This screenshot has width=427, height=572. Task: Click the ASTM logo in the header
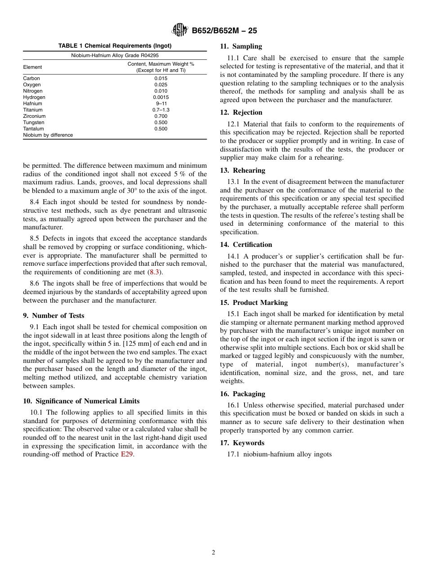[180, 31]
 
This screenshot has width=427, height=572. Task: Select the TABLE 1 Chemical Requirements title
[115, 46]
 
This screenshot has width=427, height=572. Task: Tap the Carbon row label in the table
[31, 78]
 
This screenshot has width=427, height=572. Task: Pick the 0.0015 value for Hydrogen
[160, 97]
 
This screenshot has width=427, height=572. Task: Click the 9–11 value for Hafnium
[160, 103]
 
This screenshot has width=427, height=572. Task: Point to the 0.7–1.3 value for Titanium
[160, 110]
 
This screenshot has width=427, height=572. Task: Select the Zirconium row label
[34, 116]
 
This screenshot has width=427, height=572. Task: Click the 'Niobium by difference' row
[48, 135]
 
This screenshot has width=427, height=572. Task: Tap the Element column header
[32, 67]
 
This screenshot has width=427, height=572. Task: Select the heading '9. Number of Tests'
[53, 316]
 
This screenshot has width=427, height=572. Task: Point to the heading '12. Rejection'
[241, 112]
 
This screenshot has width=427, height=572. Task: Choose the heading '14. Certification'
[246, 245]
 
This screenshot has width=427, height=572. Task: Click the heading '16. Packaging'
[242, 394]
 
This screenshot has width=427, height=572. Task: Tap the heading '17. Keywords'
[242, 443]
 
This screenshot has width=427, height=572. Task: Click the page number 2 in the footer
[213, 553]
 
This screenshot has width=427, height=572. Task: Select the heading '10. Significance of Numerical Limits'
[81, 401]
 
